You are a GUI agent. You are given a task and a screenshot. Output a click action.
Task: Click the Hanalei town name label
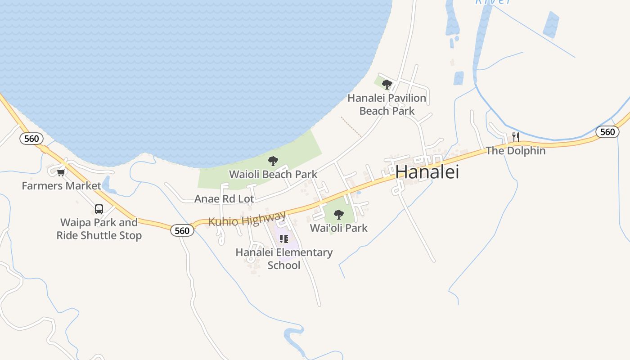[x=427, y=172]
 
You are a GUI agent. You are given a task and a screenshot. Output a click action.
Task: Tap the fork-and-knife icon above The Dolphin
[x=516, y=137]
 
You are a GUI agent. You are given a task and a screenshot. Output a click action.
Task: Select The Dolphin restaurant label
[x=516, y=151]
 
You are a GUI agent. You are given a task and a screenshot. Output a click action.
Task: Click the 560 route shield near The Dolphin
[x=607, y=132]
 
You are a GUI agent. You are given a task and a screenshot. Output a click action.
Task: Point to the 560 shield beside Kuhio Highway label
[x=182, y=231]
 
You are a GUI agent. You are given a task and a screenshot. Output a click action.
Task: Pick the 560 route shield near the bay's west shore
[x=31, y=139]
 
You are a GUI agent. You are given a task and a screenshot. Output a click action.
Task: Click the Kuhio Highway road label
[x=247, y=219]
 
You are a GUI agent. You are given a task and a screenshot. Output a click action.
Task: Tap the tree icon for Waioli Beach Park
[x=273, y=161]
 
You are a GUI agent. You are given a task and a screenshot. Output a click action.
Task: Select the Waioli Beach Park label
[x=273, y=174]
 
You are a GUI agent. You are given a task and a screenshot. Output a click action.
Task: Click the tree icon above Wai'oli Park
[x=339, y=215]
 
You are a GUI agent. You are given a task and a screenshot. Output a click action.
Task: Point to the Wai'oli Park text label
[x=339, y=228]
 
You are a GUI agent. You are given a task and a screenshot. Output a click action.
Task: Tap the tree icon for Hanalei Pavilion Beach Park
[x=387, y=84]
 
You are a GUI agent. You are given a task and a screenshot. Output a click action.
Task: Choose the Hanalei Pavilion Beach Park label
[x=387, y=104]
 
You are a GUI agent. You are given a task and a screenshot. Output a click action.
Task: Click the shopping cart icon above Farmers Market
[x=61, y=172]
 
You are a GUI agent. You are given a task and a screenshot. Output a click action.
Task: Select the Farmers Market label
[x=62, y=186]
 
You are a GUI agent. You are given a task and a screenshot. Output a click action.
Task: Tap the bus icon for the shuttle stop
[x=99, y=209]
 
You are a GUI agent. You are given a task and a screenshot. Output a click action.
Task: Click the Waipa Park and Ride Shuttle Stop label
[x=99, y=229]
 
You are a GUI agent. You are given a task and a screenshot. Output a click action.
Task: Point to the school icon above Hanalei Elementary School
[x=283, y=239]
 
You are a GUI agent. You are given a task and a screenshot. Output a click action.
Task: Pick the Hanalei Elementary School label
[x=284, y=259]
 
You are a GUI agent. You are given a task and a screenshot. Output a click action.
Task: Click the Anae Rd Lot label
[x=224, y=199]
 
